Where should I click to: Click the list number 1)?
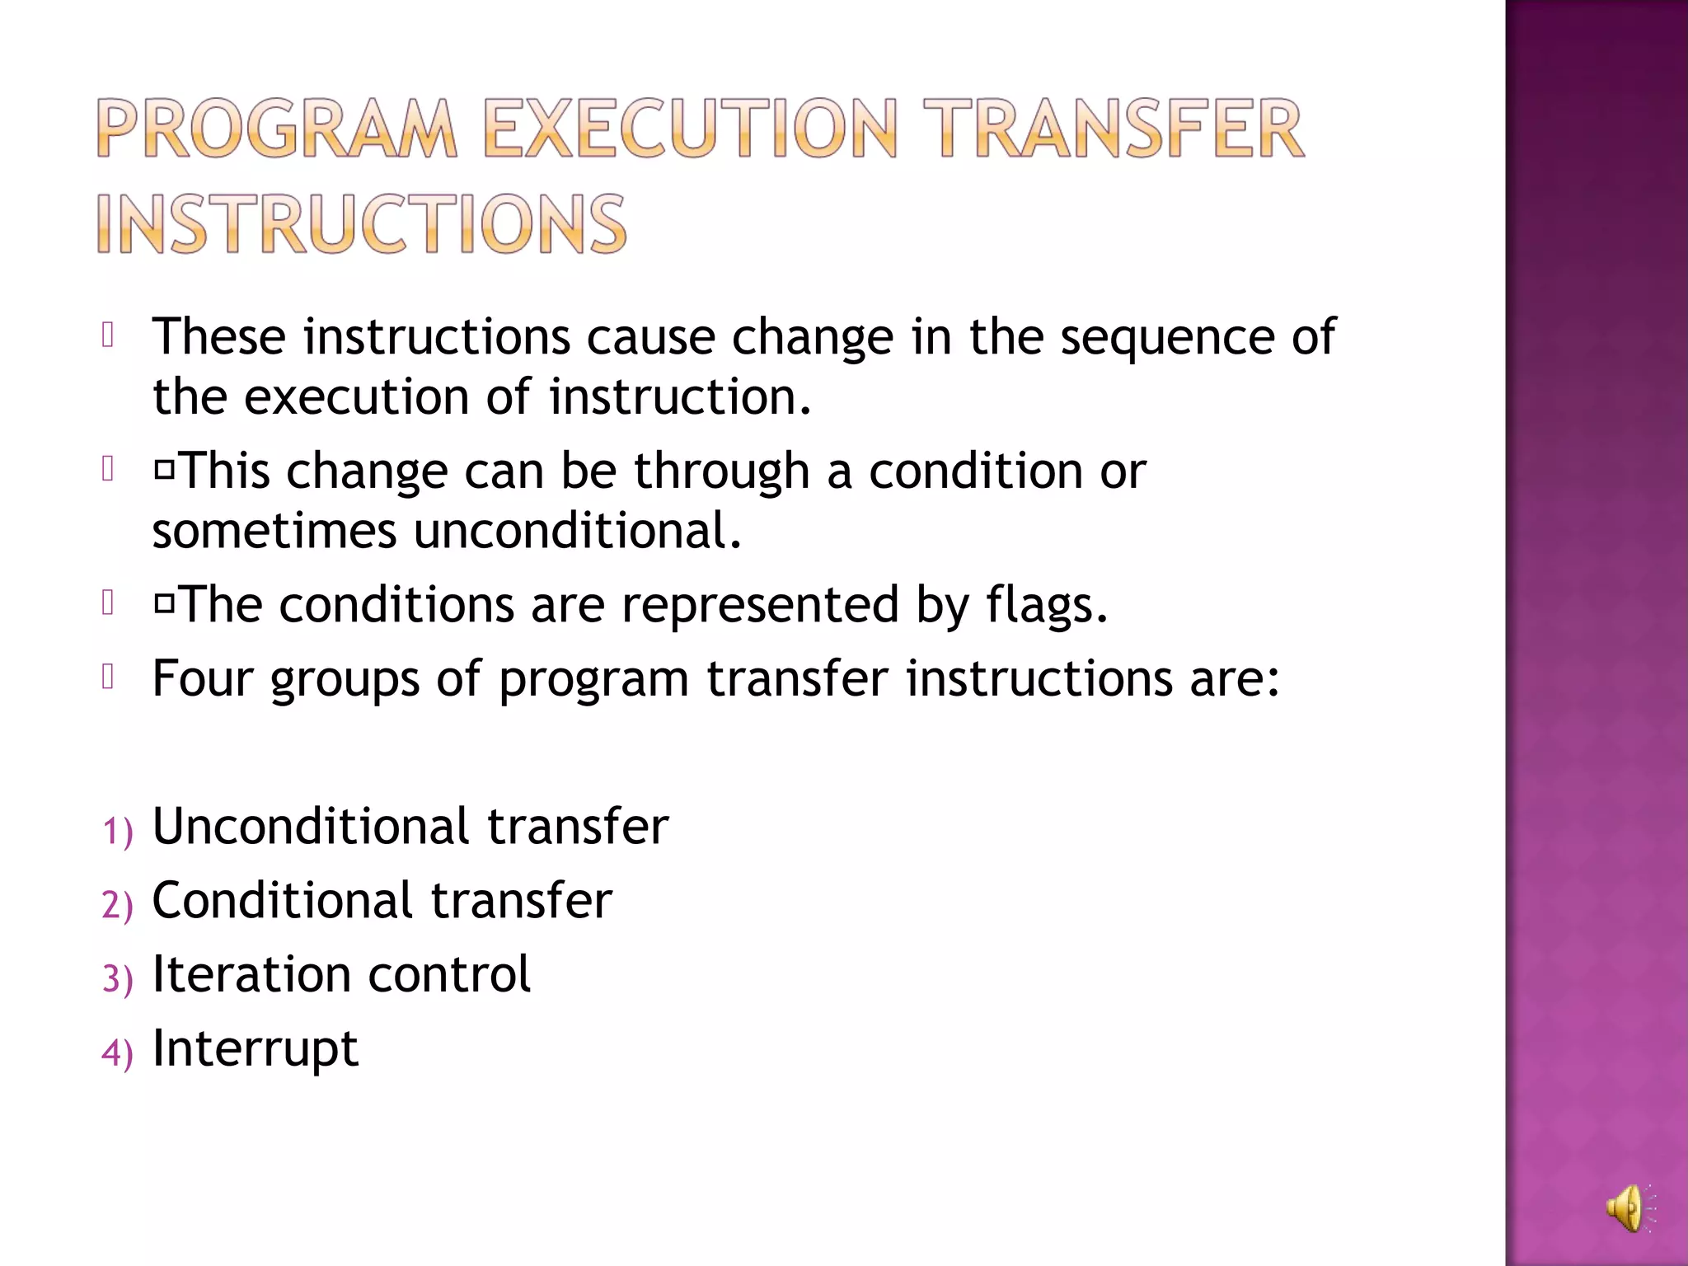[117, 831]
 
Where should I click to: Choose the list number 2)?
[117, 905]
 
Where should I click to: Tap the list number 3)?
[117, 979]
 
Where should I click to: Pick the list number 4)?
[117, 1053]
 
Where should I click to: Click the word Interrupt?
[256, 1049]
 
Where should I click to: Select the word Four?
[202, 679]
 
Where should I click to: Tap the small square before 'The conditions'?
[165, 604]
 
